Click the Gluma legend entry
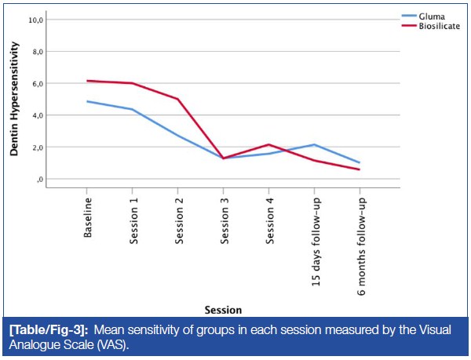(x=430, y=15)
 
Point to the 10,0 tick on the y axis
(x=35, y=20)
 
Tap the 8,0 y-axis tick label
(x=36, y=52)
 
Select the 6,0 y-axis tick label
(x=36, y=83)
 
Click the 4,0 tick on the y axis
(x=36, y=115)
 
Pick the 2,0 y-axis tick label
(x=36, y=147)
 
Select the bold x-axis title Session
(x=223, y=309)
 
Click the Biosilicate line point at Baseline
(x=88, y=81)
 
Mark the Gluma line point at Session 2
(x=178, y=136)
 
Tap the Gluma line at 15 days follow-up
(x=315, y=144)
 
